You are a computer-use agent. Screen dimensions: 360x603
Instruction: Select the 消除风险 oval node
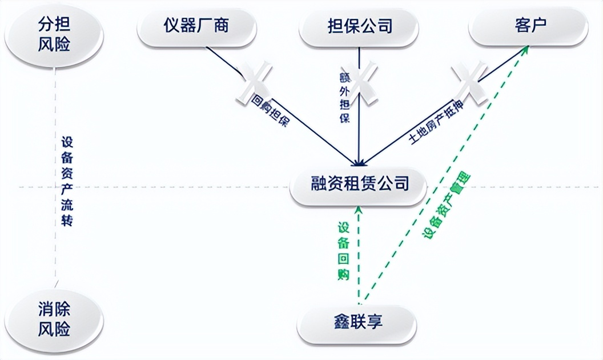click(x=54, y=319)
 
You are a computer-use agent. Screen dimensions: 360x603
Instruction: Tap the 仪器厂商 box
click(x=195, y=26)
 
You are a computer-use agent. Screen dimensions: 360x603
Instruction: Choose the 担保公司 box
click(x=360, y=26)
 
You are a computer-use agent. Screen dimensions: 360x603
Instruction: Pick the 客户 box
click(x=528, y=26)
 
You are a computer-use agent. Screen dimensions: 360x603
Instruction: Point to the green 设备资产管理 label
click(x=446, y=205)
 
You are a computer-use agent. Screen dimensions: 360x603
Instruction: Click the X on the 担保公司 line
click(x=359, y=80)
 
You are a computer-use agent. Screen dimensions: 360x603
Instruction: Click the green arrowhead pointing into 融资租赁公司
click(x=359, y=211)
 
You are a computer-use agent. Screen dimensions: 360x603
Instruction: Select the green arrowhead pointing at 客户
click(x=525, y=50)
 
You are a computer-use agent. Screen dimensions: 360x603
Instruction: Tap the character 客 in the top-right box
click(x=520, y=26)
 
